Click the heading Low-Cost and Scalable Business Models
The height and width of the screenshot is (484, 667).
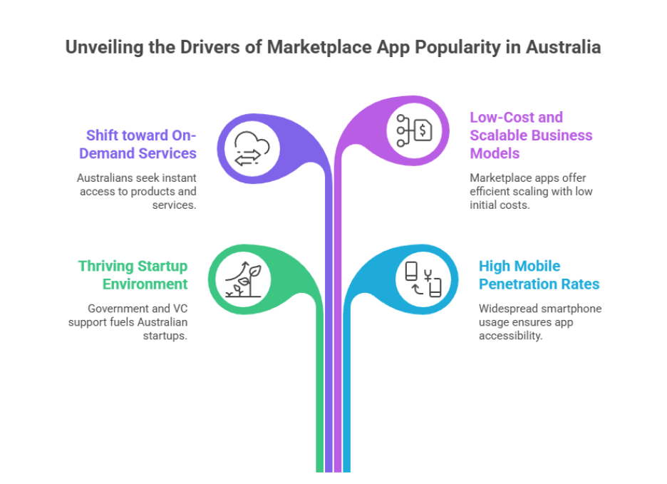tap(531, 135)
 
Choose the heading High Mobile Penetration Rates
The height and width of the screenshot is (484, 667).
tap(539, 274)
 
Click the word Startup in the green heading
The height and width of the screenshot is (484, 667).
tap(162, 266)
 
